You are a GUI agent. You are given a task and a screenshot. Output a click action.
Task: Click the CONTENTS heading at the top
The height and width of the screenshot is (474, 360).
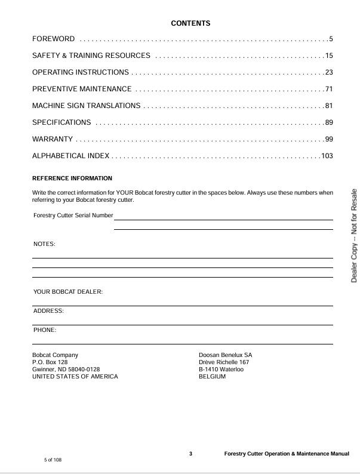(190, 23)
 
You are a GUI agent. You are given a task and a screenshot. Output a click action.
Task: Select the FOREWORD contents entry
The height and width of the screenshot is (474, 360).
(54, 39)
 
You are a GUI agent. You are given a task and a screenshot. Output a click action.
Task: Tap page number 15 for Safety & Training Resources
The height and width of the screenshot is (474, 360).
(328, 56)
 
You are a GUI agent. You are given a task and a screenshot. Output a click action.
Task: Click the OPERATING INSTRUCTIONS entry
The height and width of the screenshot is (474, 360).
(81, 73)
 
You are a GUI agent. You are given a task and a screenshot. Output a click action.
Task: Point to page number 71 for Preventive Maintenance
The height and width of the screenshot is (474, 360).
(328, 90)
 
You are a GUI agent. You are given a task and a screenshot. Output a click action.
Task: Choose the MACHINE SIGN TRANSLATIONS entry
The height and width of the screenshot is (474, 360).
(87, 106)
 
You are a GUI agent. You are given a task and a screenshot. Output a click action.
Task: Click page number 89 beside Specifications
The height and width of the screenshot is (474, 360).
(328, 123)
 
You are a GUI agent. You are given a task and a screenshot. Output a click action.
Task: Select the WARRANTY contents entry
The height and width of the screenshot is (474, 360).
(53, 140)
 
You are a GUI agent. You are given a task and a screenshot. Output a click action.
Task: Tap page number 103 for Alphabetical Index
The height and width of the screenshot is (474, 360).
(327, 156)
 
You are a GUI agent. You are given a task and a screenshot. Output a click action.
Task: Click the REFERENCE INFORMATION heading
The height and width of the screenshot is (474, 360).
(72, 178)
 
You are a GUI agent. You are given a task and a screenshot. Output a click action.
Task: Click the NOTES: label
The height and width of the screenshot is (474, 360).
(44, 244)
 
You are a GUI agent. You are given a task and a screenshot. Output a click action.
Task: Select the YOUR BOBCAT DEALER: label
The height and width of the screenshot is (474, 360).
(68, 292)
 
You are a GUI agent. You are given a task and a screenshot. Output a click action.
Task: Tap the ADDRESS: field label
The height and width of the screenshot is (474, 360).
(48, 311)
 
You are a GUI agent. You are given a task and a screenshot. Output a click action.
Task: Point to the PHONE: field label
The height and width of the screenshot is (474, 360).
(45, 330)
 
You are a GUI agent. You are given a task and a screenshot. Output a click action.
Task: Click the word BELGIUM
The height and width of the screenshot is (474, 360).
(212, 377)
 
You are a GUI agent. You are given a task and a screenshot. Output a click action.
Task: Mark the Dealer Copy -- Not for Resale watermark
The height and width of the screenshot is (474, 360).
(353, 235)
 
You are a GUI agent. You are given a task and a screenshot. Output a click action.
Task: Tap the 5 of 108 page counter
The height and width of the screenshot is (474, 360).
(53, 460)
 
